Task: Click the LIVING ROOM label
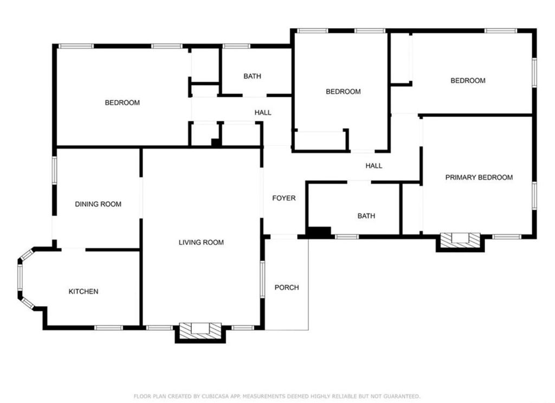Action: pos(201,242)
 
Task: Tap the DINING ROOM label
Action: pos(98,204)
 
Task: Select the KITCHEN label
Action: pos(83,292)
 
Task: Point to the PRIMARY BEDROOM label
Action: pos(479,177)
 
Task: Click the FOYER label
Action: pos(284,198)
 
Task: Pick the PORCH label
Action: pos(287,287)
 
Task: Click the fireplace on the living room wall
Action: pos(200,332)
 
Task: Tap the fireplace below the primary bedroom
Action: pos(460,242)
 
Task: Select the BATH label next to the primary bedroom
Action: pos(366,216)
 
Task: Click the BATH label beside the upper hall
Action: pos(253,76)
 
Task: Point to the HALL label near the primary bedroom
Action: pos(374,166)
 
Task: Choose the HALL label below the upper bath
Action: pos(263,113)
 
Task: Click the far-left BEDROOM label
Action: pos(122,103)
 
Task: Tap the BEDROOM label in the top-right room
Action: pos(468,81)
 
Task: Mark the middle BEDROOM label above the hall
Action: pos(343,91)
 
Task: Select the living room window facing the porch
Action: pos(262,279)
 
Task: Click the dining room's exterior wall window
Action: pos(55,171)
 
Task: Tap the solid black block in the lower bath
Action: pos(319,232)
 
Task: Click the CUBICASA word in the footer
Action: pos(216,397)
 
